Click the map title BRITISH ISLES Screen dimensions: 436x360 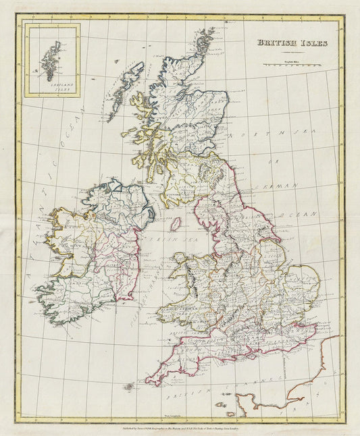[x=292, y=43]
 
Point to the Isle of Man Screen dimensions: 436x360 [x=174, y=224]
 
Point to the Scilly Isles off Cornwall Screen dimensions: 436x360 [x=128, y=387]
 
